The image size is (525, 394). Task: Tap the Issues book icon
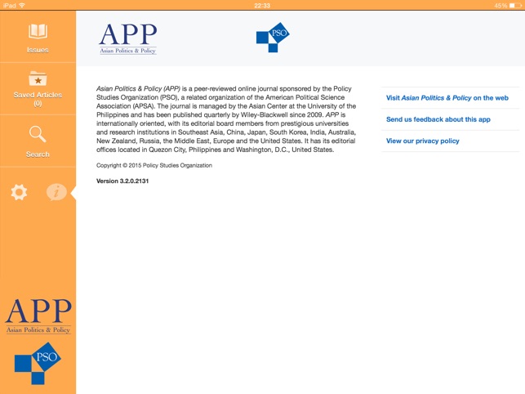tap(38, 32)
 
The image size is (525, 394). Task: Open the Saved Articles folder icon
tap(38, 79)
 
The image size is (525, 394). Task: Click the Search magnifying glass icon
tap(38, 134)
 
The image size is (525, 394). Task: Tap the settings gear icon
tap(19, 192)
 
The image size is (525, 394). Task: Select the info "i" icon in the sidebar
tap(56, 192)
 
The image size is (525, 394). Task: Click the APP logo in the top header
tap(127, 38)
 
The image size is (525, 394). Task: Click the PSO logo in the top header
tap(273, 38)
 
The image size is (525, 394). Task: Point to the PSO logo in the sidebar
tap(38, 363)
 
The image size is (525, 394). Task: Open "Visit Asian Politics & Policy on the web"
tap(447, 98)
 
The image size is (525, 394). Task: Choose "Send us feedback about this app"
tap(438, 119)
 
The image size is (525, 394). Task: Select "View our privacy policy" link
tap(422, 141)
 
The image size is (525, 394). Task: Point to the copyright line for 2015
tap(154, 165)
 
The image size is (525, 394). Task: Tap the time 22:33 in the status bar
tap(262, 5)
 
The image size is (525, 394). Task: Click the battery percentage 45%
tap(500, 5)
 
